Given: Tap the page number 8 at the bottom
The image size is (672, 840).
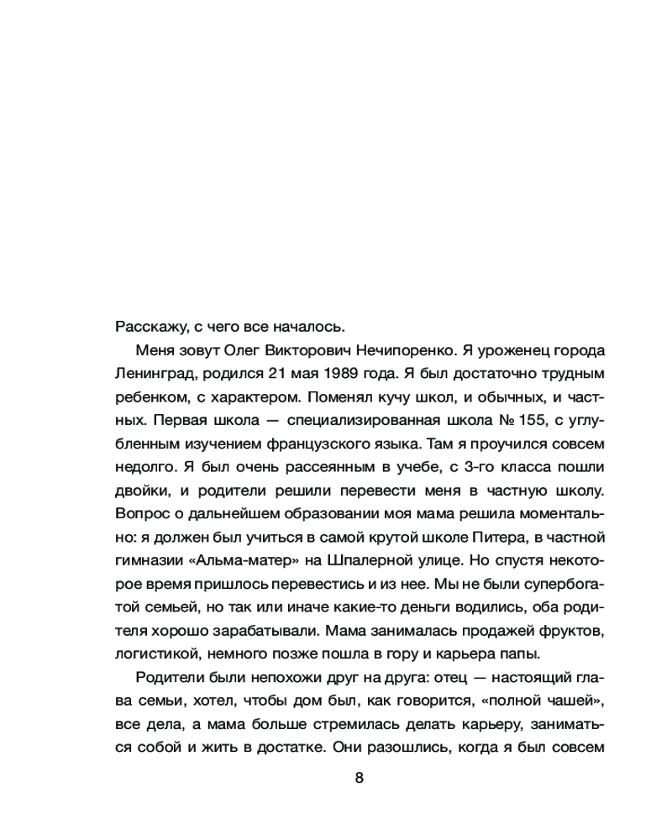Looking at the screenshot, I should [360, 778].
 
